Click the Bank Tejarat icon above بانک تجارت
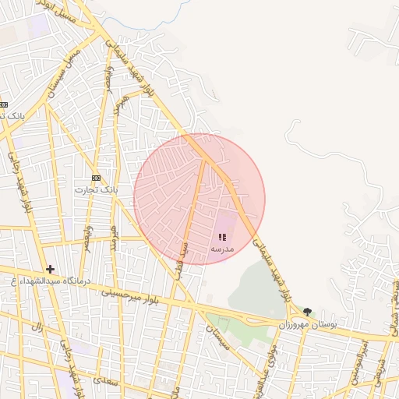[x=96, y=178]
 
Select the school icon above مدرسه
[x=222, y=237]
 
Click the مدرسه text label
[x=222, y=248]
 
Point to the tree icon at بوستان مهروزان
[x=308, y=312]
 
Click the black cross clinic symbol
[x=50, y=269]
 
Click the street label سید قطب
[x=182, y=262]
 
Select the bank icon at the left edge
[x=3, y=104]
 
